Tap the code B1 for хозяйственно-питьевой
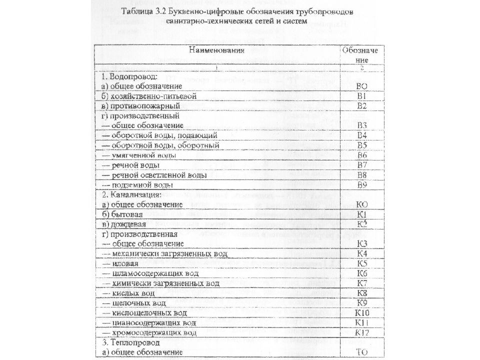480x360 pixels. click(x=362, y=95)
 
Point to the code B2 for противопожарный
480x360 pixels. click(x=362, y=106)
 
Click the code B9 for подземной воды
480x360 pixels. click(x=362, y=185)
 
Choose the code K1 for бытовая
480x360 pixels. click(x=362, y=214)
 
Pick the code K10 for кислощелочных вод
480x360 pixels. click(x=362, y=313)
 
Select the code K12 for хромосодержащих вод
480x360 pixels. click(x=362, y=332)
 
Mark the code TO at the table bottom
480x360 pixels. click(x=362, y=352)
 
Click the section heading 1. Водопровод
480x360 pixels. click(x=129, y=77)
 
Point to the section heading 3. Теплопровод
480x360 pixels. click(x=131, y=343)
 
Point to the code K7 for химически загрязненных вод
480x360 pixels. click(x=362, y=283)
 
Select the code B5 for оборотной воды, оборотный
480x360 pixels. click(x=362, y=145)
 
